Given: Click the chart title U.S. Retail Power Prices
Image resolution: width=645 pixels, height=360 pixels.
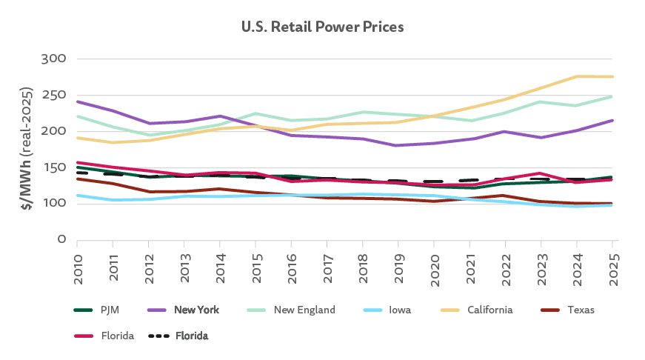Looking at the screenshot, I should coord(322,27).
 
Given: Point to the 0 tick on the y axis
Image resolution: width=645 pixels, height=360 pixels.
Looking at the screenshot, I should coord(63,240).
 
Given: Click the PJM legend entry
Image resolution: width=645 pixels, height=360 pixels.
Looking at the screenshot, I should coord(104,310).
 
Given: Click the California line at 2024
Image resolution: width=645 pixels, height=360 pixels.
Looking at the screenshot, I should coord(578,76).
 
